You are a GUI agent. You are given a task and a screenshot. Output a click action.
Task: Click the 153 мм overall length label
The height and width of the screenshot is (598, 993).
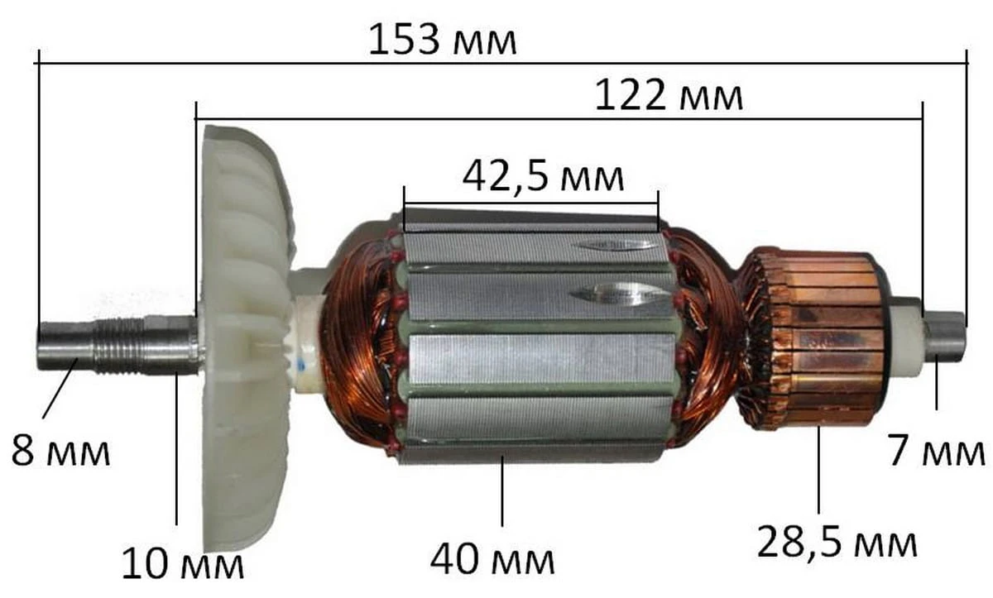443,40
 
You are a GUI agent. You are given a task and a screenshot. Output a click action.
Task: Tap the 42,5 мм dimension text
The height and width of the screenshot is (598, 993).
543,176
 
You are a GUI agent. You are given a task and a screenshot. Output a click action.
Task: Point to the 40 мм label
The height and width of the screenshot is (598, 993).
492,559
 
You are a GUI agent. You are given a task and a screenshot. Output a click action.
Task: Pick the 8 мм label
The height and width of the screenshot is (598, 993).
60,451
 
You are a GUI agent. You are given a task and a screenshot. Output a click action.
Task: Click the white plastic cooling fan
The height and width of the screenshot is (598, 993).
247,337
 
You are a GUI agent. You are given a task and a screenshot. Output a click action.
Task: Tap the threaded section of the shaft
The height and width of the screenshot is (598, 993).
120,346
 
